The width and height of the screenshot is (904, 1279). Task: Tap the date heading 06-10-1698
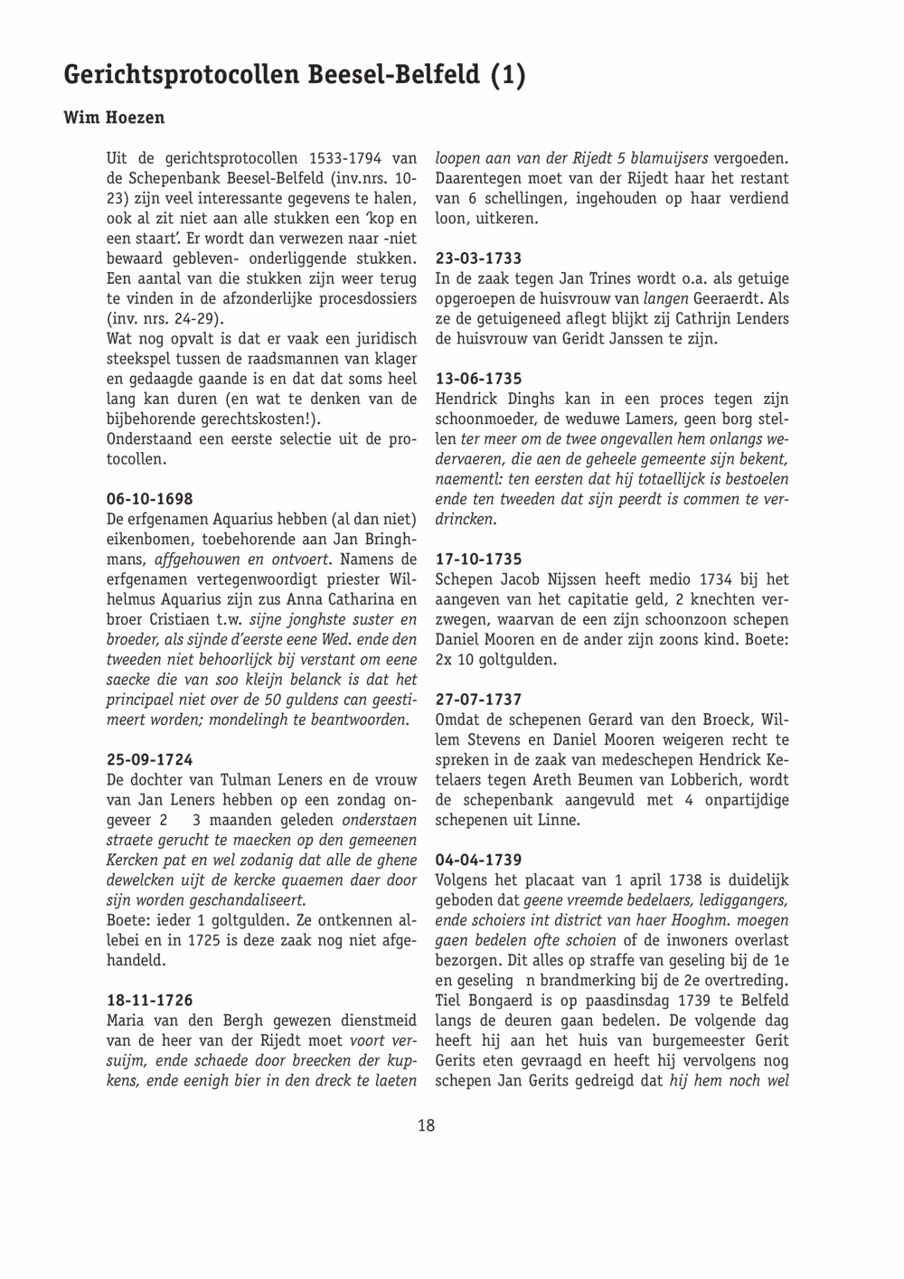[x=149, y=499]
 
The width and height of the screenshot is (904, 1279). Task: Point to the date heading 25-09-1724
[x=149, y=760]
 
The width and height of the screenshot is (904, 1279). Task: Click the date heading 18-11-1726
[x=149, y=1001]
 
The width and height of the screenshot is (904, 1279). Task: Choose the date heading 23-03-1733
[x=478, y=259]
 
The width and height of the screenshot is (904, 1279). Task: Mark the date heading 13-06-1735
[x=478, y=379]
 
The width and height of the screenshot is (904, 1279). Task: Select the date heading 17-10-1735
[x=478, y=560]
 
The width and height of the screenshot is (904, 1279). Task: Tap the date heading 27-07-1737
[x=478, y=700]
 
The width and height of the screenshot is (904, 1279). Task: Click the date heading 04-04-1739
[x=478, y=860]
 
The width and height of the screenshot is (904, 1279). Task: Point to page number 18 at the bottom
[x=427, y=1125]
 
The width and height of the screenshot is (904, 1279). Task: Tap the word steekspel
[x=138, y=359]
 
